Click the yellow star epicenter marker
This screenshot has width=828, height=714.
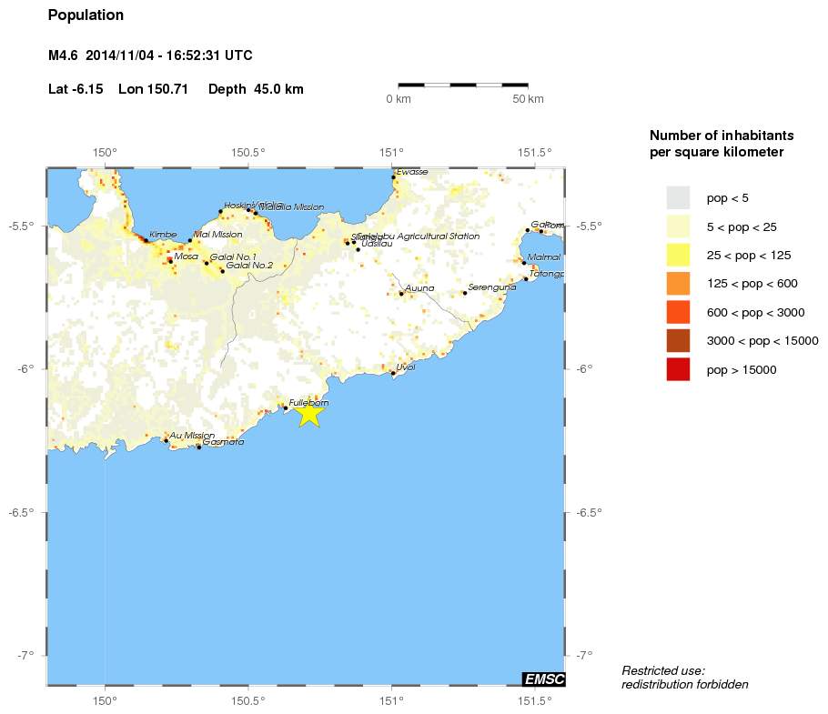point(309,413)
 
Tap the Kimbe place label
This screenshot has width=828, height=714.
point(163,235)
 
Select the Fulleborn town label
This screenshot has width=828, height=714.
point(308,402)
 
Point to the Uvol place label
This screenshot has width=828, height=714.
point(406,367)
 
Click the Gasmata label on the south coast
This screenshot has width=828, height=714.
point(223,442)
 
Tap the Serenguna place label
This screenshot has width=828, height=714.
point(492,287)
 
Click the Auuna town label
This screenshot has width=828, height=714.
point(419,288)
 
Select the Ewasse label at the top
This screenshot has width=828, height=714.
point(412,171)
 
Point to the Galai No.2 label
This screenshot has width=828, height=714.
point(249,266)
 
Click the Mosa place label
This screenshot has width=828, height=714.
point(186,256)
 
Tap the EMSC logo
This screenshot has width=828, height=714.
point(544,679)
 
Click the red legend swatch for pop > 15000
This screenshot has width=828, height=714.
point(678,370)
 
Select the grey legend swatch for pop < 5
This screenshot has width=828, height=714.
point(678,197)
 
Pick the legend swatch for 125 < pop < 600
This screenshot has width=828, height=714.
point(678,284)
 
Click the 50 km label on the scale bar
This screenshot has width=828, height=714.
point(528,98)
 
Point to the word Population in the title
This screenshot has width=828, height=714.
point(86,15)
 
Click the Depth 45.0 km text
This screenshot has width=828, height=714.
point(256,89)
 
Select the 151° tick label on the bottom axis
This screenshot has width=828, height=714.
point(391,700)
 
